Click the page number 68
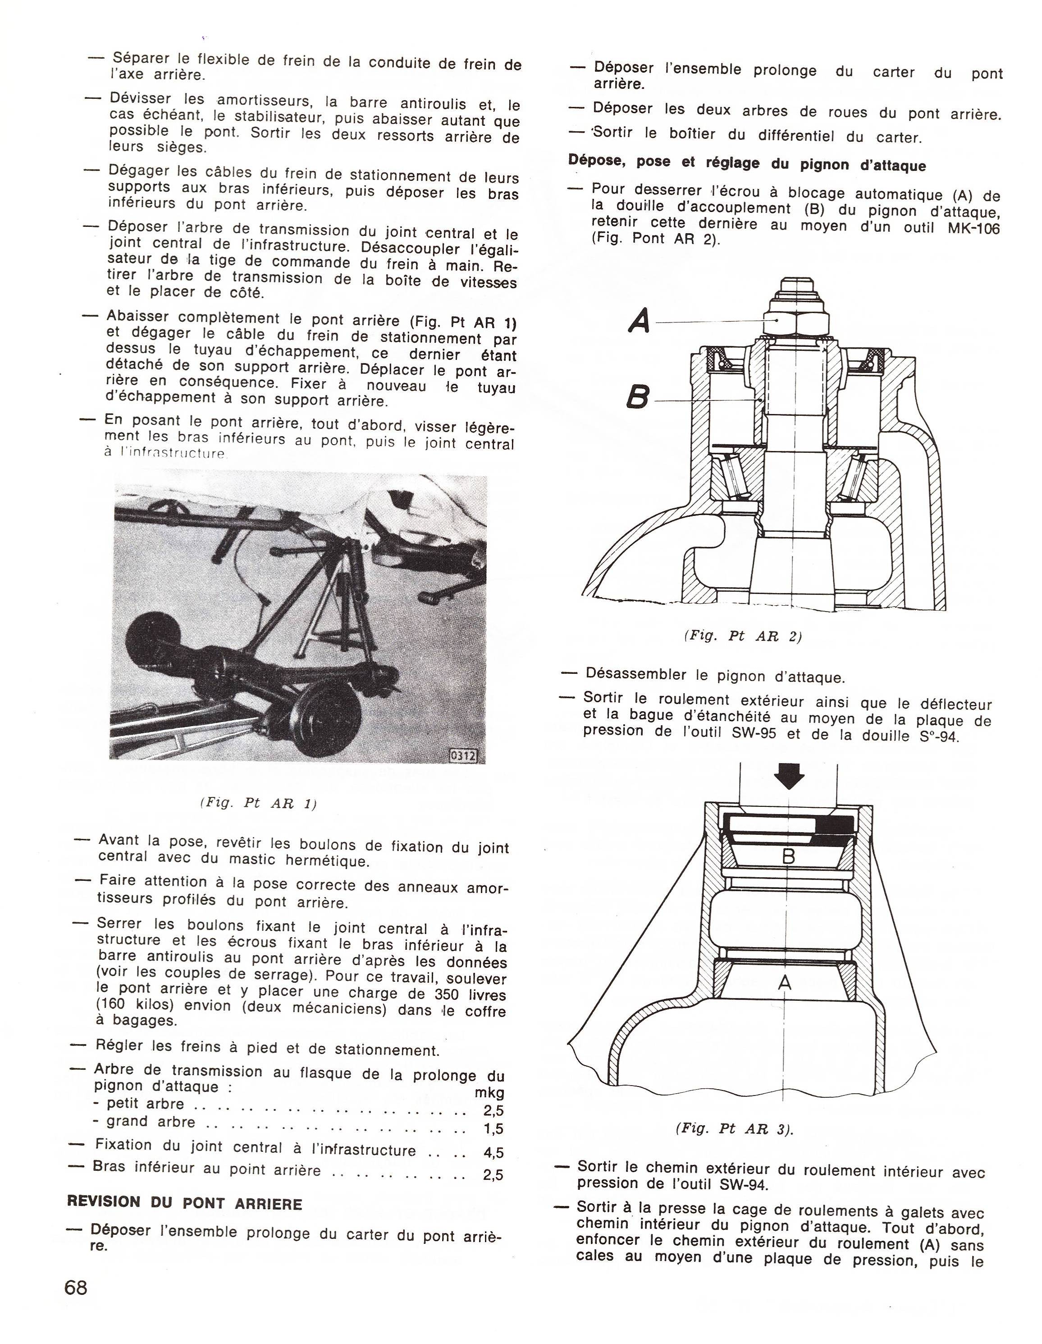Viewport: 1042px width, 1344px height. pyautogui.click(x=76, y=1287)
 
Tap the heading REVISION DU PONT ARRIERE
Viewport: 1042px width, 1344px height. pyautogui.click(x=184, y=1203)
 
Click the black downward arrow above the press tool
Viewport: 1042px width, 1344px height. pyautogui.click(x=789, y=776)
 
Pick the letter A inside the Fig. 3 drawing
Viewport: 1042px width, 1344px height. pyautogui.click(x=784, y=983)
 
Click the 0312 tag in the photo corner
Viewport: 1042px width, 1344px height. pyautogui.click(x=464, y=755)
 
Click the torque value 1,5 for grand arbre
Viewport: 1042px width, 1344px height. pyautogui.click(x=494, y=1128)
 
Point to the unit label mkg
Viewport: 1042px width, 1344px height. pyautogui.click(x=489, y=1093)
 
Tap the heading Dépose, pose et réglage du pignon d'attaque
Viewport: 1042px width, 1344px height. pyautogui.click(x=747, y=164)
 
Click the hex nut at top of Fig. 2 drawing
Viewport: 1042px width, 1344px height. pyautogui.click(x=797, y=321)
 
